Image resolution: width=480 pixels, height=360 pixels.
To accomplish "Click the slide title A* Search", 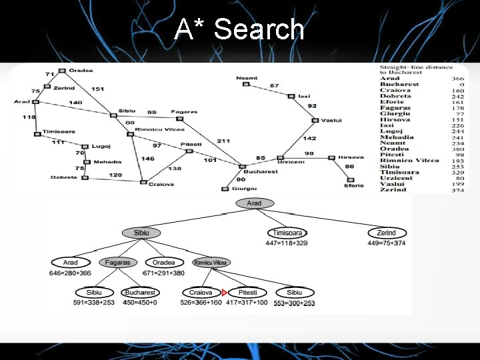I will pyautogui.click(x=239, y=29).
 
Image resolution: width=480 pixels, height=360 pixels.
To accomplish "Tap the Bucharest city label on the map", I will pyautogui.click(x=260, y=171).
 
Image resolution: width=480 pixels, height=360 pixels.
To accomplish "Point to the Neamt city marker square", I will pyautogui.click(x=246, y=84).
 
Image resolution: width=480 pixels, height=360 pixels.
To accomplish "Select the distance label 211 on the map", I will pyautogui.click(x=223, y=141).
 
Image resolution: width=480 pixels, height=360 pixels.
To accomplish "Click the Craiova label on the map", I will pyautogui.click(x=161, y=184).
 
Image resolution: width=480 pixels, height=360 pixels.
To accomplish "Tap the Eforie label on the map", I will pyautogui.click(x=354, y=185).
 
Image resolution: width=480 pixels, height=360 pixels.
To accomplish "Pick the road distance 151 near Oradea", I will pyautogui.click(x=97, y=89).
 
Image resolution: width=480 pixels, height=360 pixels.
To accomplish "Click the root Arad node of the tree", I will pyautogui.click(x=254, y=203).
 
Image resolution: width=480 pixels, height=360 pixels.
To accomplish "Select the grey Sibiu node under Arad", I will pyautogui.click(x=141, y=233).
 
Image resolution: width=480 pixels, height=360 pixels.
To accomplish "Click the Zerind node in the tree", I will pyautogui.click(x=386, y=233).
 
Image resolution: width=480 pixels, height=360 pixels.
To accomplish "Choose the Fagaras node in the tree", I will pyautogui.click(x=117, y=263).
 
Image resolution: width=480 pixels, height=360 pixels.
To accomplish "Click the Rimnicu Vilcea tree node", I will pyautogui.click(x=211, y=263).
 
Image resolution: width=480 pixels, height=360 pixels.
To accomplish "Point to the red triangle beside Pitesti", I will pyautogui.click(x=225, y=293).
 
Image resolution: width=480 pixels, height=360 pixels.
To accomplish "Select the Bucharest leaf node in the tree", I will pyautogui.click(x=140, y=293).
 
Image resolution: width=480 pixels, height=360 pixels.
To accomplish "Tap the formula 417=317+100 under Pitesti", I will pyautogui.click(x=248, y=303).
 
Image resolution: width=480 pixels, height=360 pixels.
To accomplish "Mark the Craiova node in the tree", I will pyautogui.click(x=201, y=293).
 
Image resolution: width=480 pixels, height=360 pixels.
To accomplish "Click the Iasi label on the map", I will pyautogui.click(x=304, y=96).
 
